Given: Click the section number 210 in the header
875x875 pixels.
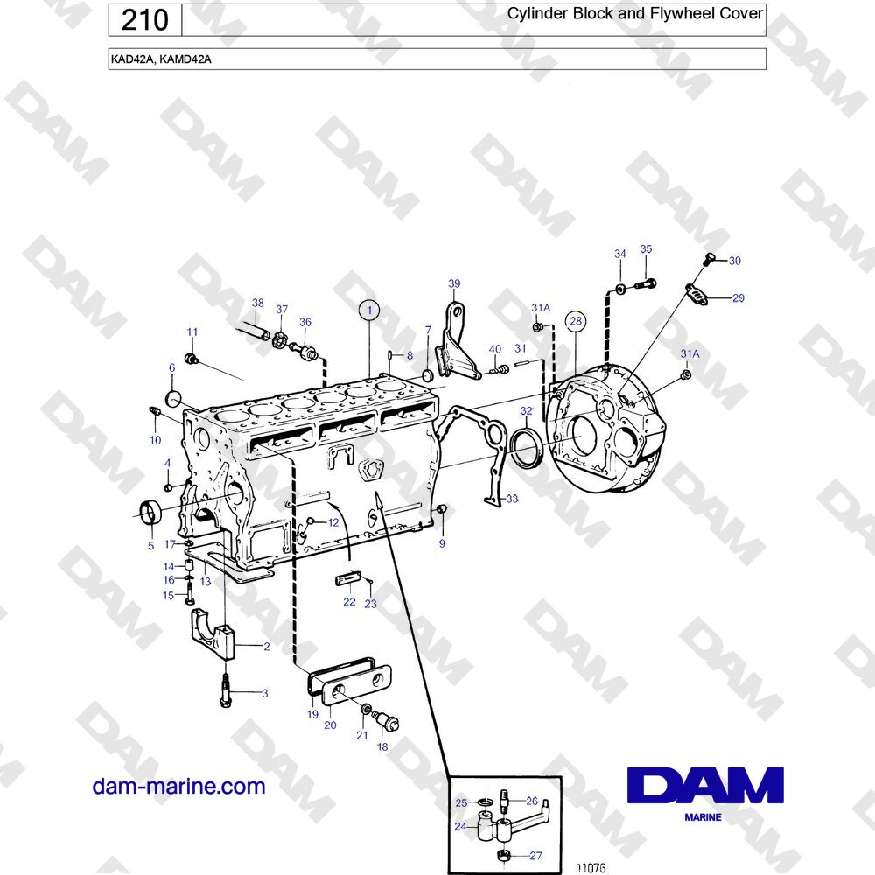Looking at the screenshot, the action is (144, 21).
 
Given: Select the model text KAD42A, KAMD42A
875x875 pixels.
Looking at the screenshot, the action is (161, 59).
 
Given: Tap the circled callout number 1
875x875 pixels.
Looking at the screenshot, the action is (369, 311).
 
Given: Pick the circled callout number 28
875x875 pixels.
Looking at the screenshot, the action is (576, 321).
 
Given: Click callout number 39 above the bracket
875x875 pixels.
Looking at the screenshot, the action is (454, 283).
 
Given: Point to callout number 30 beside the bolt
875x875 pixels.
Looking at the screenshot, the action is (735, 261).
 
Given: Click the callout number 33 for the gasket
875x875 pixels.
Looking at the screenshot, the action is (512, 499).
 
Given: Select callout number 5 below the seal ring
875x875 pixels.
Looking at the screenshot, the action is (150, 545).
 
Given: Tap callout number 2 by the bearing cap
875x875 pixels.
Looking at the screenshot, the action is (267, 647).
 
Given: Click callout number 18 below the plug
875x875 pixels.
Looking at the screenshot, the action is (382, 746).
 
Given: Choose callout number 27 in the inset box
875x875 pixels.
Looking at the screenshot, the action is (535, 856).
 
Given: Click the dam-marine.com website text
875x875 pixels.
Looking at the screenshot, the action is (178, 786).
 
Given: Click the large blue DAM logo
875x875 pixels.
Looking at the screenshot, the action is (705, 785).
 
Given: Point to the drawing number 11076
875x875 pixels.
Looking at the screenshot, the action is (591, 868).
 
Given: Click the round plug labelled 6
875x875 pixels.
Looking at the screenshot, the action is (175, 400).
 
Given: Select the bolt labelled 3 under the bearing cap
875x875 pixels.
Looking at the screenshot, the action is (226, 689).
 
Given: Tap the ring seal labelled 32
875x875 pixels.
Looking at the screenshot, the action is (526, 447).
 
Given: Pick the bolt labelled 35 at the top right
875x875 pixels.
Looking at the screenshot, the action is (646, 284).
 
